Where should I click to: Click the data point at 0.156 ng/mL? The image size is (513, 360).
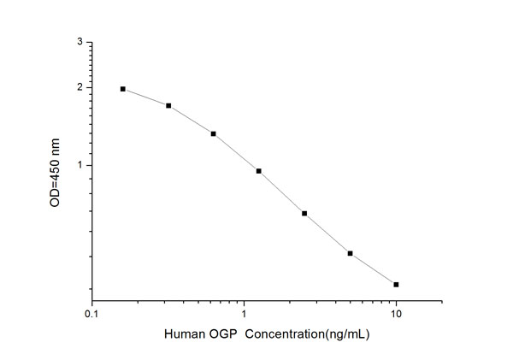[123, 89]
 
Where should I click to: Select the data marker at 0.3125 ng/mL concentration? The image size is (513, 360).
[168, 106]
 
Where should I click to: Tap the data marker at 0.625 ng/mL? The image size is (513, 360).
[214, 133]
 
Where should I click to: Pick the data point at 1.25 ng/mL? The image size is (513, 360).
[258, 171]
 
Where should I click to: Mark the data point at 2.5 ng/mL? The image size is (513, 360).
[304, 213]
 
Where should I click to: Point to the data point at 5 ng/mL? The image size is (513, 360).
[350, 253]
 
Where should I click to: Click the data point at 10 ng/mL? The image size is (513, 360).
[396, 284]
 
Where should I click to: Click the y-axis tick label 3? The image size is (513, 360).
[80, 42]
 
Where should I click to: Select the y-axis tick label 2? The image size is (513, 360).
[80, 87]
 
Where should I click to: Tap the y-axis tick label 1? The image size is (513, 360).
[80, 165]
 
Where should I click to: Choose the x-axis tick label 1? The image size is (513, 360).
[245, 315]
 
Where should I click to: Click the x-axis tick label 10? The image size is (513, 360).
[396, 315]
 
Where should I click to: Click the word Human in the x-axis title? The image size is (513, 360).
[182, 334]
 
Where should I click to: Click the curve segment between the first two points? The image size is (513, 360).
[146, 96]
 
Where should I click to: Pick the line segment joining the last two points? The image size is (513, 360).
[373, 269]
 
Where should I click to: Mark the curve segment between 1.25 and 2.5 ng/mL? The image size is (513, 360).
[281, 192]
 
